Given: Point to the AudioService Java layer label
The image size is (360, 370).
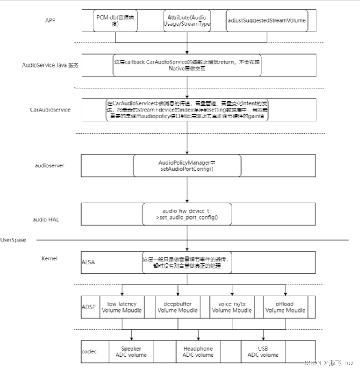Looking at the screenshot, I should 51,65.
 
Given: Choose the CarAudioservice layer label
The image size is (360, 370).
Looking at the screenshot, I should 50,110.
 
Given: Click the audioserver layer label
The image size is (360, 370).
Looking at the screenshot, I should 50,165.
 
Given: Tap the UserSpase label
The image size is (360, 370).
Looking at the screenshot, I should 13,240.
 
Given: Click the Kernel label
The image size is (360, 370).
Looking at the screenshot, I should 49,258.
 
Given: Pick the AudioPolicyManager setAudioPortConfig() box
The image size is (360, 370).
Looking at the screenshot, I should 187,165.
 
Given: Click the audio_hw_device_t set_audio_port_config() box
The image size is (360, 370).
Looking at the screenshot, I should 187,214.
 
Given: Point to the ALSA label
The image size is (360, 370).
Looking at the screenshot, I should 88,262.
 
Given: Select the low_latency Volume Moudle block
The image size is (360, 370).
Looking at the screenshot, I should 122,307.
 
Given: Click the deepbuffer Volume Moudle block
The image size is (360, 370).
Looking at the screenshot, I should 177,307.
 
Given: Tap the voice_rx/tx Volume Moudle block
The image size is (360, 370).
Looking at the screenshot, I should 232,307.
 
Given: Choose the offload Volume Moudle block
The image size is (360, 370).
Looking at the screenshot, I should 285,307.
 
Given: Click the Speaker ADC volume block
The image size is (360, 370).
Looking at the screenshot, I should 131,351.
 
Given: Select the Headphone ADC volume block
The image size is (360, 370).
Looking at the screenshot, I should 198,351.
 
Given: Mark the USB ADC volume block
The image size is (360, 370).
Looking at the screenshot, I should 263,351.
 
